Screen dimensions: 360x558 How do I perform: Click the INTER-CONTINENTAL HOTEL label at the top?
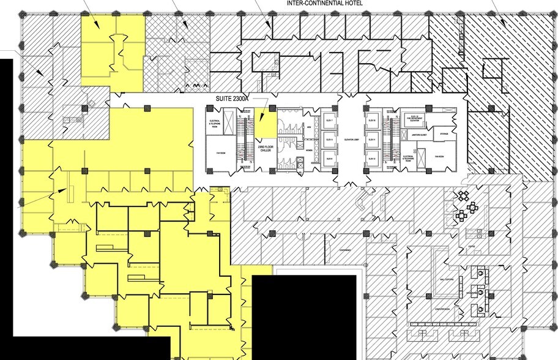click(x=325, y=4)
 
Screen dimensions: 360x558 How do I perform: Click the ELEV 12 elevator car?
click(x=371, y=159)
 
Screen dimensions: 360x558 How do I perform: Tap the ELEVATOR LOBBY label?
click(x=351, y=139)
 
